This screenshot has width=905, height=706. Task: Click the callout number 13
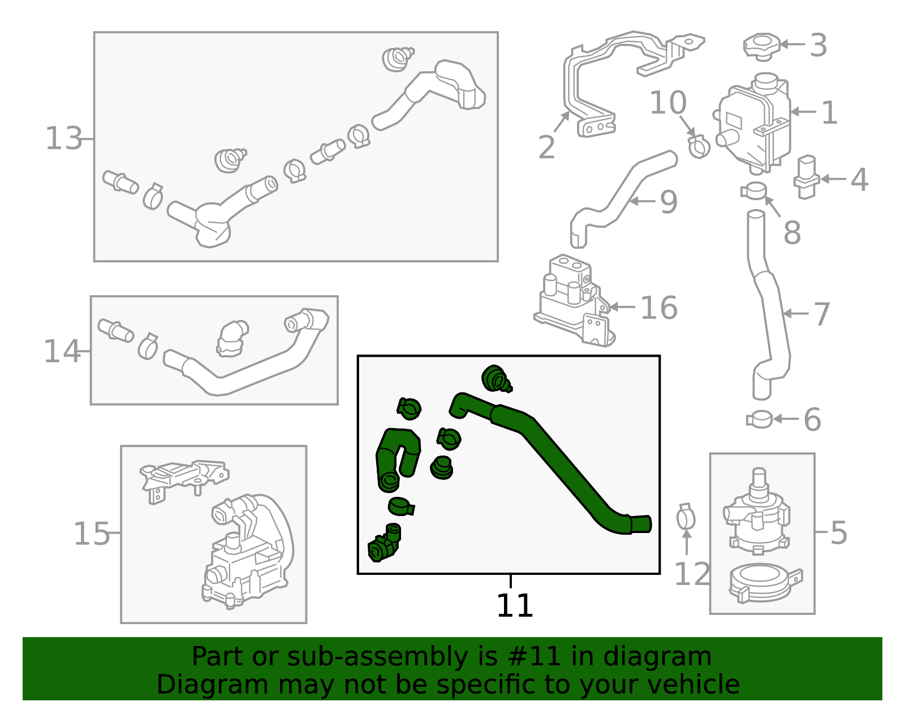pyautogui.click(x=63, y=138)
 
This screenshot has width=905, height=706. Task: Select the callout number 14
pyautogui.click(x=62, y=351)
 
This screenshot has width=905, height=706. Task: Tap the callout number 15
pyautogui.click(x=92, y=533)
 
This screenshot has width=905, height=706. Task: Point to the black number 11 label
pyautogui.click(x=515, y=605)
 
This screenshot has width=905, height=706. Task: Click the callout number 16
pyautogui.click(x=659, y=307)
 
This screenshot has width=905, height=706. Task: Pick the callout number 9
pyautogui.click(x=669, y=202)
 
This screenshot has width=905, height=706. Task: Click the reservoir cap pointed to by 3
pyautogui.click(x=762, y=46)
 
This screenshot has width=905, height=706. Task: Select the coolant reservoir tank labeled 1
pyautogui.click(x=754, y=124)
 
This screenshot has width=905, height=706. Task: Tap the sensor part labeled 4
pyautogui.click(x=807, y=177)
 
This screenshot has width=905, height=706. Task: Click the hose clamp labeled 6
pyautogui.click(x=759, y=419)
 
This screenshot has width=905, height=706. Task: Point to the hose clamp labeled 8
pyautogui.click(x=753, y=191)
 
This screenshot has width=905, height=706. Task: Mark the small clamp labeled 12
pyautogui.click(x=686, y=518)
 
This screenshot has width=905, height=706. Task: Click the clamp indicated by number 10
pyautogui.click(x=699, y=146)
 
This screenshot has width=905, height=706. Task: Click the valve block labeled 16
pyautogui.click(x=575, y=300)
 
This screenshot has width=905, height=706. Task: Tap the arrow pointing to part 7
pyautogui.click(x=796, y=313)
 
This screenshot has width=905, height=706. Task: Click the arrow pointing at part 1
pyautogui.click(x=803, y=111)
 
